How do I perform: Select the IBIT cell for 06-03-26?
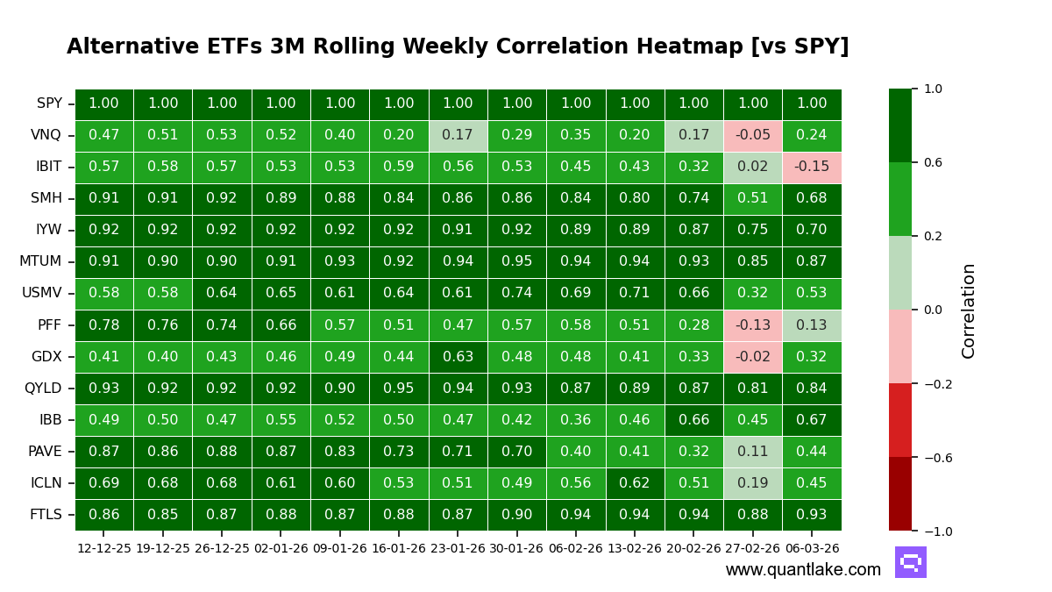point(811,167)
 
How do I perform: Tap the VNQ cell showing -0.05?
point(752,135)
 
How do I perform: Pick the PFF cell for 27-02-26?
point(752,325)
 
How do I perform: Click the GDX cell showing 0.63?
point(458,357)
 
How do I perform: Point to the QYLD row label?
point(43,389)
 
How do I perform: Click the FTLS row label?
point(46,515)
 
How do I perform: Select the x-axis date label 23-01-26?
point(458,549)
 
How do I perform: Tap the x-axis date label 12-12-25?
point(103,549)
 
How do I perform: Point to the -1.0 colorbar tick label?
point(933,531)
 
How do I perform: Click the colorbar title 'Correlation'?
point(969,310)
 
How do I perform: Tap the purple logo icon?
point(910,562)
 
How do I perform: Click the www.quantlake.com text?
point(803,570)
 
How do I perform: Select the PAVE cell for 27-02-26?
point(752,452)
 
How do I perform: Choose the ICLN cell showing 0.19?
point(752,483)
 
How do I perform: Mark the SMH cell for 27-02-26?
point(752,198)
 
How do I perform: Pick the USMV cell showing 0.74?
point(516,293)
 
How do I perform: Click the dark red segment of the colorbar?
point(899,494)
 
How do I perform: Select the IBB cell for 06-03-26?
point(811,420)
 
